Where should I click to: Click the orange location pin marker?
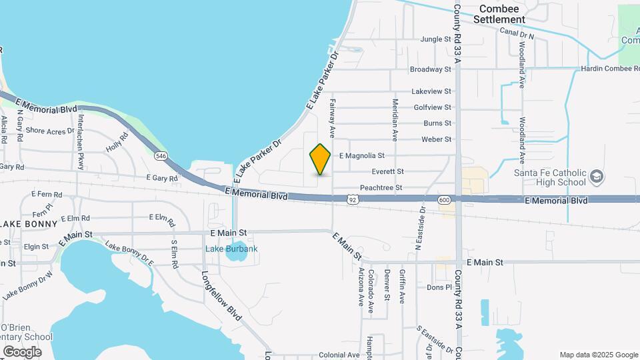321,159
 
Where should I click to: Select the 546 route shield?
161,156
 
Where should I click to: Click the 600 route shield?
445,199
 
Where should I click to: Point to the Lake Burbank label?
231,249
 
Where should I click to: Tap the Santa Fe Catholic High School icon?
597,177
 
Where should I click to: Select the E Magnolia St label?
362,155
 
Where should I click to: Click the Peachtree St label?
381,188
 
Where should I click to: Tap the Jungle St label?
436,39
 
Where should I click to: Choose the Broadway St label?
431,69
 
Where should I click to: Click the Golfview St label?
433,107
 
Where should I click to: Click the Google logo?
22,351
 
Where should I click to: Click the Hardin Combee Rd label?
609,69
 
